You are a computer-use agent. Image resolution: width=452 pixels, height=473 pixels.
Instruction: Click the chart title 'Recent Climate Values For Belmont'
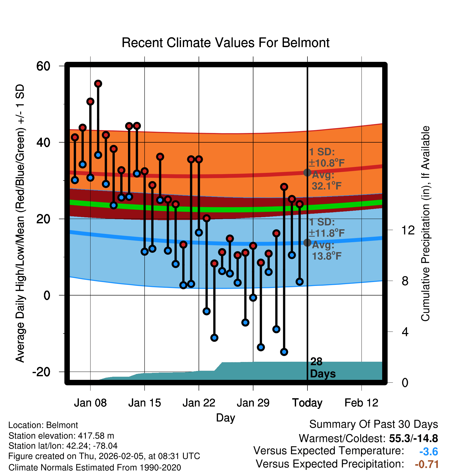[x=225, y=43]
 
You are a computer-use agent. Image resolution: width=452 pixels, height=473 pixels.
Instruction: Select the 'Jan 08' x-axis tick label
[x=90, y=403]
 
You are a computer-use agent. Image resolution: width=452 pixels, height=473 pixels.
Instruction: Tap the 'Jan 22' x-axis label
[x=199, y=403]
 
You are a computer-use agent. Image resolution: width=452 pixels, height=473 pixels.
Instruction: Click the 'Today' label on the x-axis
[x=307, y=403]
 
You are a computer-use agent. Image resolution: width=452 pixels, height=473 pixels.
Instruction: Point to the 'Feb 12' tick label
[x=361, y=403]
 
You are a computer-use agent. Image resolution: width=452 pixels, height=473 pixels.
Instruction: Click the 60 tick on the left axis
[x=43, y=66]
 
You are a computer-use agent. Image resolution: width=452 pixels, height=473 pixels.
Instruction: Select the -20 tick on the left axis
[x=41, y=372]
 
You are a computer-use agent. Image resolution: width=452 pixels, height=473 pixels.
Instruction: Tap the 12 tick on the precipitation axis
[x=408, y=230]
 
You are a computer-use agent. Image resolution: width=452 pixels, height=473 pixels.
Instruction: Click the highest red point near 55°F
[x=98, y=84]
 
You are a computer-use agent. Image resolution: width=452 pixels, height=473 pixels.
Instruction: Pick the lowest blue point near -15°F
[x=284, y=352]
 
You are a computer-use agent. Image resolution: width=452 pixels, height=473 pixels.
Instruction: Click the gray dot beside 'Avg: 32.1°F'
[x=307, y=172]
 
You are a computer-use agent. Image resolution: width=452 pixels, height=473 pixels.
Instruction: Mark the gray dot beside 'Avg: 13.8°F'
[x=307, y=242]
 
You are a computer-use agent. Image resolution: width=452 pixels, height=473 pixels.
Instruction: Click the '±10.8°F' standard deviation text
[x=327, y=163]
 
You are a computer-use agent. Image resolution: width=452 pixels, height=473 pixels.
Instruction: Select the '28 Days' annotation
[x=323, y=368]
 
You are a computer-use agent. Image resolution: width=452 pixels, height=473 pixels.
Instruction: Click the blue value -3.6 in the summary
[x=428, y=452]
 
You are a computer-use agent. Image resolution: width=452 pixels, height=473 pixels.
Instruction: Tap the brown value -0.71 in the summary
[x=427, y=464]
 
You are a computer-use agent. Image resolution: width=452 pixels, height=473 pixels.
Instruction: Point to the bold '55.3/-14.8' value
[x=413, y=438]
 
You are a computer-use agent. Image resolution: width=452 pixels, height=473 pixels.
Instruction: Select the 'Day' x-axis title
[x=225, y=418]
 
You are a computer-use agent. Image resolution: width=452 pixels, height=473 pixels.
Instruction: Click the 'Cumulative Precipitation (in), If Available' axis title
[x=425, y=224]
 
